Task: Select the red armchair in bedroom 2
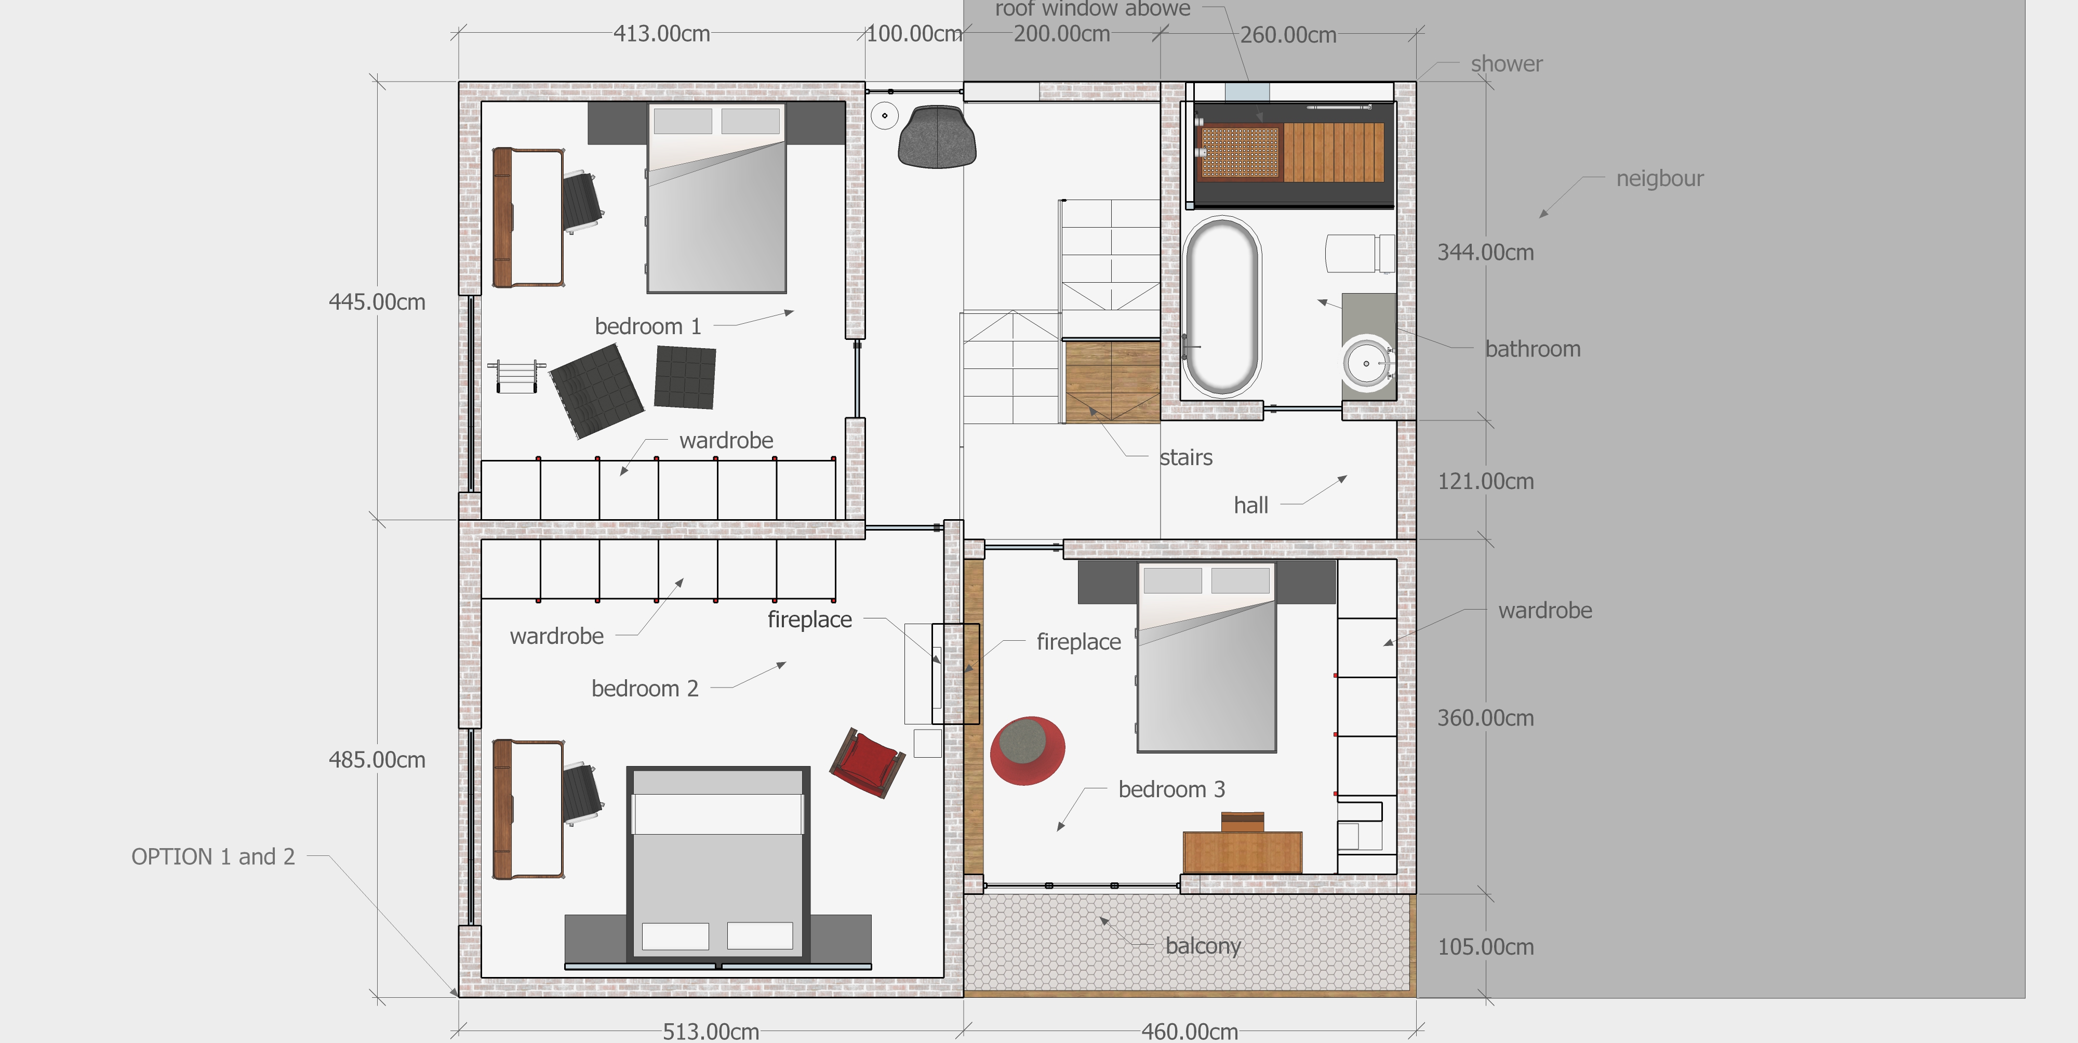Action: (867, 762)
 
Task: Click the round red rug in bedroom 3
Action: (1027, 750)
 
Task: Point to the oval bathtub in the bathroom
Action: (1221, 307)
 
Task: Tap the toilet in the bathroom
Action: (1360, 253)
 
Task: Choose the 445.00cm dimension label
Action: (377, 302)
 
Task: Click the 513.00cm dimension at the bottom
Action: (711, 1031)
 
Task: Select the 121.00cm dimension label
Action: (1485, 482)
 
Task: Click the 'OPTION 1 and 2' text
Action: (213, 856)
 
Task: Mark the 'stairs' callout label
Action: (1186, 457)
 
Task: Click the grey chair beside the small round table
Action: (937, 137)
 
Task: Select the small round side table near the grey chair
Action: (885, 115)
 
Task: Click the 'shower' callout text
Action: (1506, 64)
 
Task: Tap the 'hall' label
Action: (1250, 505)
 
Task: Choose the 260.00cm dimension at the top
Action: (1288, 35)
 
